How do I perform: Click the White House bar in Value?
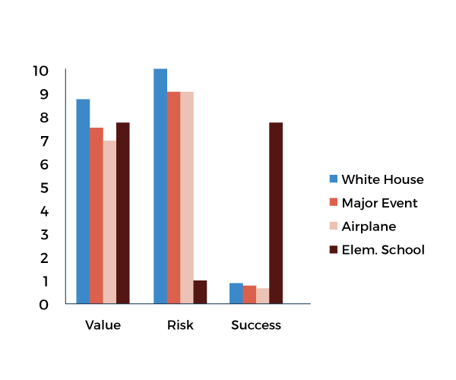point(83,201)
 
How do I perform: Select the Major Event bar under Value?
point(97,216)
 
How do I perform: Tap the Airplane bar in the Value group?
point(109,222)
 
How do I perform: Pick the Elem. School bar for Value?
point(123,213)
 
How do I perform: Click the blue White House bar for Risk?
point(160,186)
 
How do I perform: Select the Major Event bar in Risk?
point(174,198)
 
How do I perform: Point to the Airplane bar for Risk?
point(187,198)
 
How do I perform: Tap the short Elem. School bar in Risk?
point(200,292)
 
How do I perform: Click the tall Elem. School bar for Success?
point(276,213)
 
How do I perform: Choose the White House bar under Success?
point(236,293)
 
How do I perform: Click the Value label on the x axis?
point(103,325)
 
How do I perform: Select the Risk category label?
point(180,325)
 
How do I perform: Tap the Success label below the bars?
point(256,325)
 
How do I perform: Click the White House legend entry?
point(382,179)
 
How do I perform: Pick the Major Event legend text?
point(379,203)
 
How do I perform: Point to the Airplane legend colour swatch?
point(333,226)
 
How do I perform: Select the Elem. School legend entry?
point(382,249)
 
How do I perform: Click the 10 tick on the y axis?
point(40,71)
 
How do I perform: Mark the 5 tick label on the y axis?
point(44,188)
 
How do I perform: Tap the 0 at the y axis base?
point(44,305)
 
